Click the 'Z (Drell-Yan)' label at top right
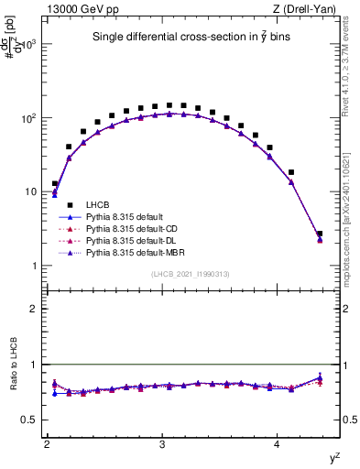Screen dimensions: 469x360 [x=308, y=8]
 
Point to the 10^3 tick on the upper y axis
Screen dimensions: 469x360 [x=31, y=44]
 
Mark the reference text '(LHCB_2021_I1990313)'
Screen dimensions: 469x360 [x=191, y=275]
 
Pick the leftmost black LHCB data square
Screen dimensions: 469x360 [x=55, y=183]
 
